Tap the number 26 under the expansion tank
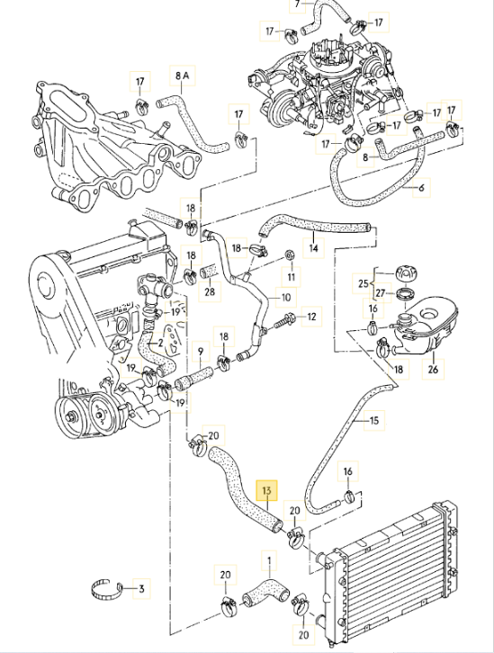tap(433, 367)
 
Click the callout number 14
tap(313, 248)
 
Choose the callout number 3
tap(140, 591)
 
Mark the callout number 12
tap(311, 317)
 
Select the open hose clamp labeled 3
tap(106, 590)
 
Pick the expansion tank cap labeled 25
tap(401, 273)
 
